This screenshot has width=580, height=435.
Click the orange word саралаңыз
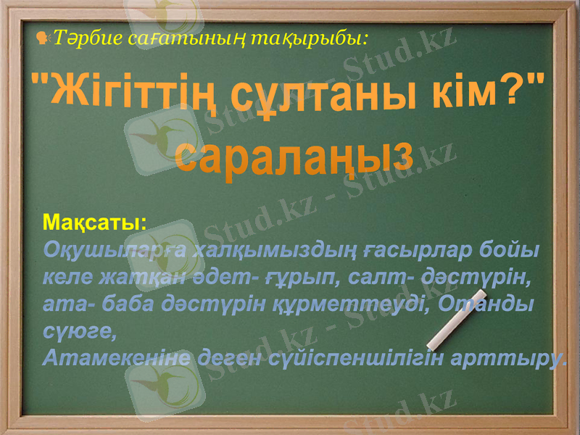(x=295, y=156)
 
